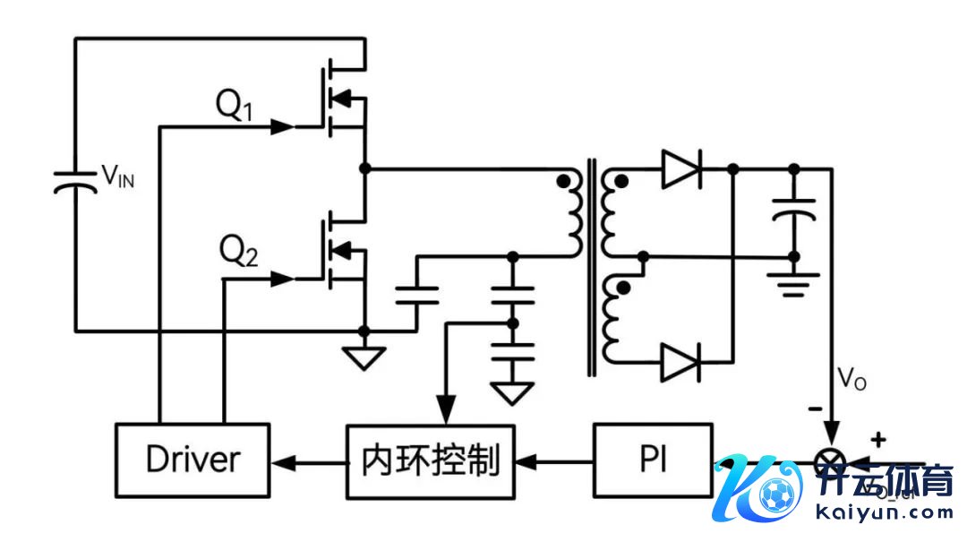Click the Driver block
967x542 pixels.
pyautogui.click(x=193, y=460)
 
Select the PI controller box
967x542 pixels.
pyautogui.click(x=652, y=461)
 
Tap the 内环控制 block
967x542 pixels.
pyautogui.click(x=431, y=461)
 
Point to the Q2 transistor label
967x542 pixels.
pyautogui.click(x=238, y=254)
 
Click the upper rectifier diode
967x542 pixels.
pyautogui.click(x=681, y=169)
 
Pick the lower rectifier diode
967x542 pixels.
pyautogui.click(x=681, y=362)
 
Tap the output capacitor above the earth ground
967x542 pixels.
pyautogui.click(x=793, y=210)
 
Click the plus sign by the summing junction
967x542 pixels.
pyautogui.click(x=878, y=439)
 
